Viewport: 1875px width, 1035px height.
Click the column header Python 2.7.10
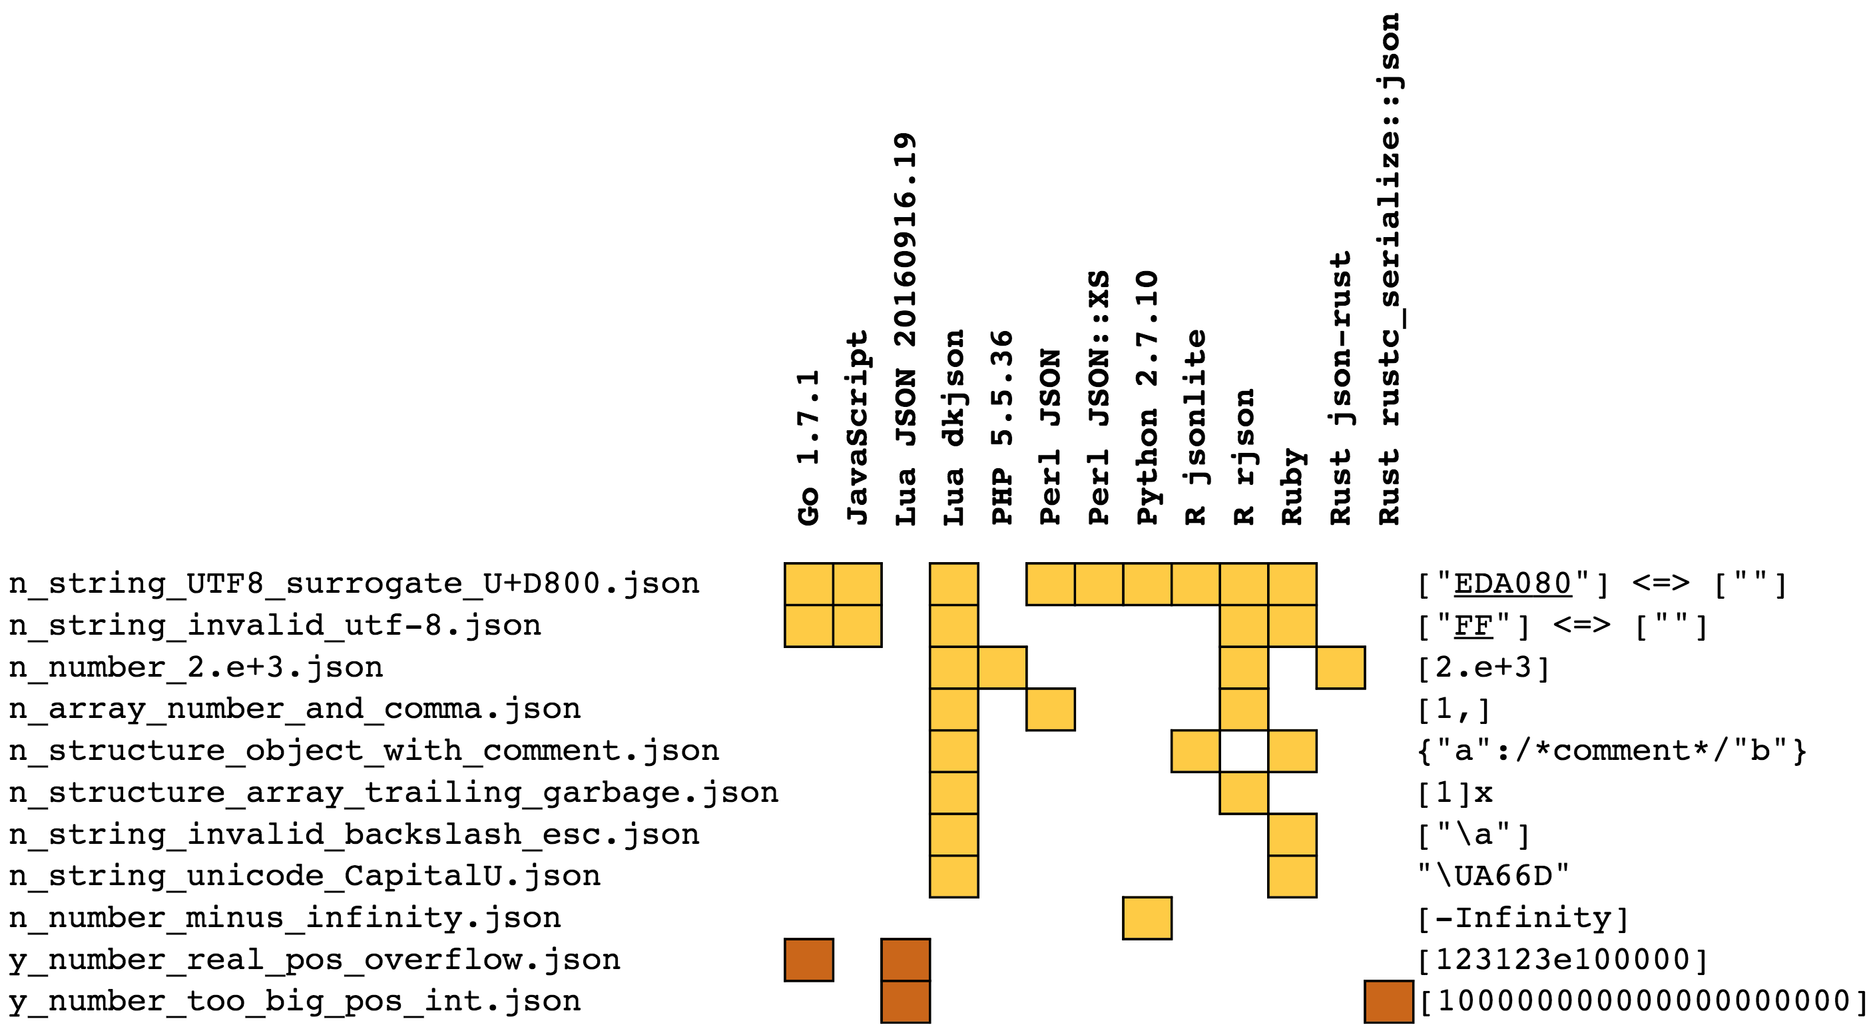1147,398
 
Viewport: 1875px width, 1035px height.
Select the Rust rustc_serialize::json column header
1390,269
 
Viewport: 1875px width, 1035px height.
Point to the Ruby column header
1292,486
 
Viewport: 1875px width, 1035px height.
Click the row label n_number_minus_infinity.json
284,918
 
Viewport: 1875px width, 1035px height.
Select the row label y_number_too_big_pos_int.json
295,1002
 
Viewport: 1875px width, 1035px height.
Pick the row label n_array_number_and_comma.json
295,709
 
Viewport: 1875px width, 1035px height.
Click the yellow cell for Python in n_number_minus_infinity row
1147,918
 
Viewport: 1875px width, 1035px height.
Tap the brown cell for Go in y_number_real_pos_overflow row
809,960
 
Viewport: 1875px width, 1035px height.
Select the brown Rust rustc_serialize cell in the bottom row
1389,1002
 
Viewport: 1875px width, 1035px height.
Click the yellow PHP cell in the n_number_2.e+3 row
1002,667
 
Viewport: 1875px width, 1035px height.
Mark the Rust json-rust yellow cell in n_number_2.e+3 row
1341,667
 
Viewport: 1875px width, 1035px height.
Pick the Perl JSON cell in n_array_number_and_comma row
1050,709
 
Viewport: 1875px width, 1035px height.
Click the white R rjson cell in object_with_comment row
1244,751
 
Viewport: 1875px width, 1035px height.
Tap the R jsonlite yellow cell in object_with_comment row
1195,751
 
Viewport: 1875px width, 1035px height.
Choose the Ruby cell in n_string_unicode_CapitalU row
1292,876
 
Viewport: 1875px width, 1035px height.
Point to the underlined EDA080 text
1513,583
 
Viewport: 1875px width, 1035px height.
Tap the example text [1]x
1455,793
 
